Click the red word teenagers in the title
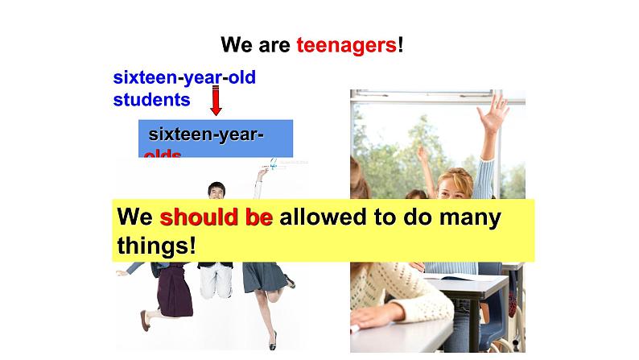[346, 45]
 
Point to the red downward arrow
[216, 101]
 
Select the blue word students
[151, 100]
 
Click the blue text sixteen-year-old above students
[184, 78]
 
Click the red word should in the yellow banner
[193, 218]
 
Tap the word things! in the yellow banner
[156, 244]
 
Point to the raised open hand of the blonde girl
[496, 111]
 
